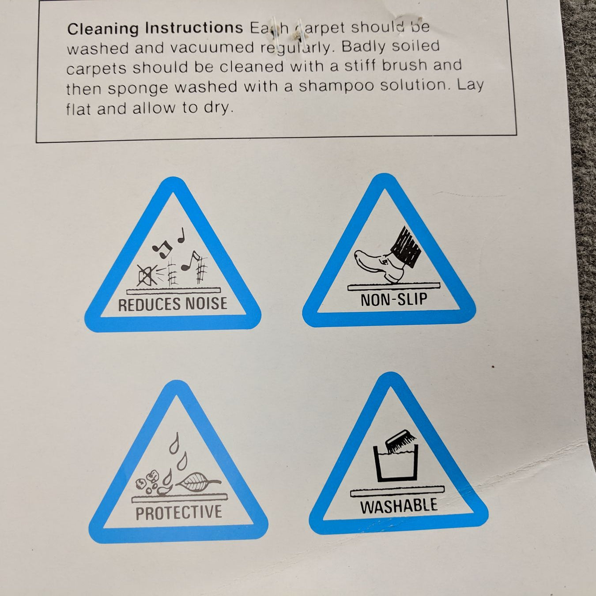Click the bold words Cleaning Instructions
coord(155,29)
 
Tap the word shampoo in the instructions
coord(337,86)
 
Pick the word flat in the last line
coord(79,109)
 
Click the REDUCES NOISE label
coord(173,303)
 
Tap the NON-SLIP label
coord(394,299)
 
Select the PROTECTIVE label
coord(179,512)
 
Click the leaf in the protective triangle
coord(197,482)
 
